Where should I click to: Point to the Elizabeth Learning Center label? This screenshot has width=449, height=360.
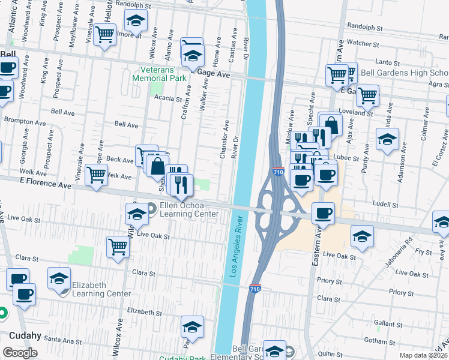(x=101, y=289)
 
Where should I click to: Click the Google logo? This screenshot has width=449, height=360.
(x=20, y=353)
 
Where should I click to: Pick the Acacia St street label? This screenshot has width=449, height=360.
(x=167, y=98)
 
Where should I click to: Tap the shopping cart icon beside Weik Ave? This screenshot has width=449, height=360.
(x=97, y=175)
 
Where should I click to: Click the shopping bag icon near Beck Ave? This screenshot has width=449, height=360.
(x=158, y=166)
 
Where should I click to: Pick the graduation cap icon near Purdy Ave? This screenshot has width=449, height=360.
(x=387, y=139)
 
